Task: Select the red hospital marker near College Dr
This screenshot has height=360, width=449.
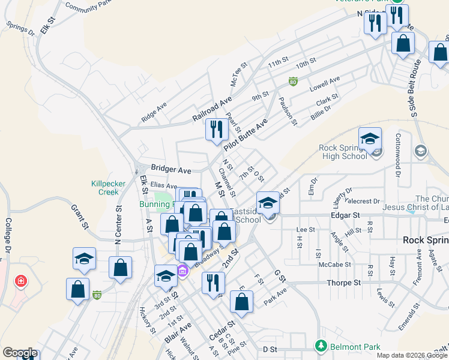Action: point(21,281)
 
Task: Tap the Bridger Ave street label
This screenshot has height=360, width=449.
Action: point(170,170)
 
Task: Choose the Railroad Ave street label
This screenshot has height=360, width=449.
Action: point(211,108)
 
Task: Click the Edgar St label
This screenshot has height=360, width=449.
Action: point(345,215)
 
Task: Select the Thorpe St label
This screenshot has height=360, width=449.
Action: point(343,283)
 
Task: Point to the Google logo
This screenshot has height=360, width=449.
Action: point(19,353)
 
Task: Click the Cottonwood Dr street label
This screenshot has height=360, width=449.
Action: point(397,160)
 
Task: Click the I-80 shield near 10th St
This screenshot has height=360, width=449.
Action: point(293,82)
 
